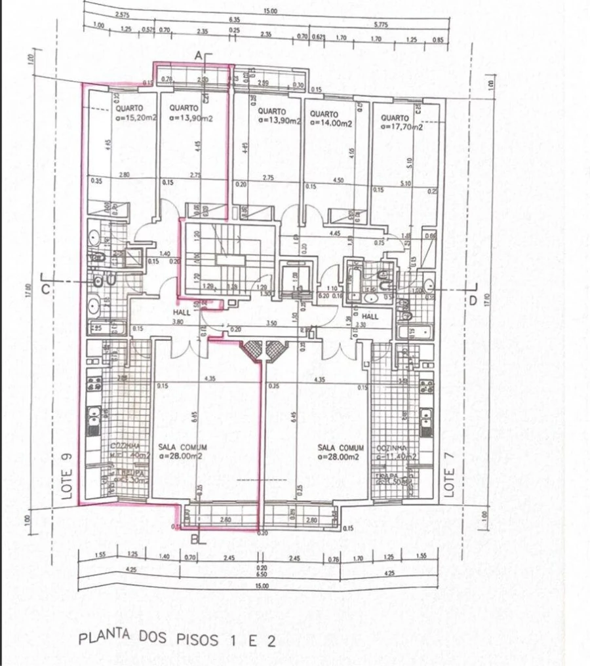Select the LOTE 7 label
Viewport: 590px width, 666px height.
point(449,482)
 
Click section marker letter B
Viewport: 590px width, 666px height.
point(195,540)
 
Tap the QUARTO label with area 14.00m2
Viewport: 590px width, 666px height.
point(330,118)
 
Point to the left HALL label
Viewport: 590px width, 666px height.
point(182,313)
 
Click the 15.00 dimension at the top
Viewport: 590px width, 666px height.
point(269,11)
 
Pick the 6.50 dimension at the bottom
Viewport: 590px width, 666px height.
point(262,573)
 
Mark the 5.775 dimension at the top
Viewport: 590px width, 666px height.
point(381,24)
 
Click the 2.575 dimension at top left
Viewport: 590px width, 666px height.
point(121,14)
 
